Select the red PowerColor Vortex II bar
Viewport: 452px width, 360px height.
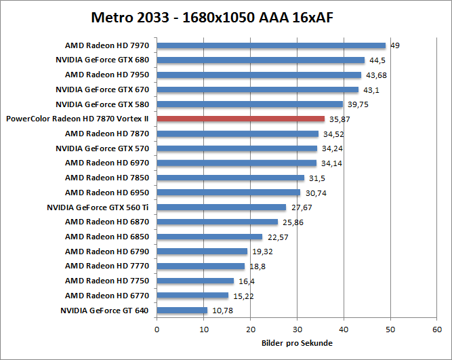(x=241, y=119)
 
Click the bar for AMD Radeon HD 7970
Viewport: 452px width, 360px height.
(x=271, y=45)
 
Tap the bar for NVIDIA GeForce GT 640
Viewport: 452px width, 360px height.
(x=182, y=311)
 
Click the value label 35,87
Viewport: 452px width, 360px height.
(x=338, y=119)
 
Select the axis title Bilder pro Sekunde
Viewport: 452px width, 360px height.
(x=297, y=343)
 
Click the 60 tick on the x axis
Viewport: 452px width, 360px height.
(x=437, y=329)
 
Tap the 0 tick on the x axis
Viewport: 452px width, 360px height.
(x=157, y=329)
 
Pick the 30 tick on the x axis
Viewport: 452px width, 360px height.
(x=297, y=329)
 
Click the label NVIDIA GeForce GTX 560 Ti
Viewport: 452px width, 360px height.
(x=98, y=207)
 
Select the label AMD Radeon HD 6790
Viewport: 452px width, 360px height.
(x=107, y=252)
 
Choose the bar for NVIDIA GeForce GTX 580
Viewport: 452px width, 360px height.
(x=249, y=104)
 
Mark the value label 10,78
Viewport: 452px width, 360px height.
(x=221, y=311)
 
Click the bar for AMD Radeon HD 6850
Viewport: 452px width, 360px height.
(x=209, y=237)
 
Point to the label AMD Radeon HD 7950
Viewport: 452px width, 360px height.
(x=107, y=75)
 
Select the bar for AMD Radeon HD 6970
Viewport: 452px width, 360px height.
(x=237, y=163)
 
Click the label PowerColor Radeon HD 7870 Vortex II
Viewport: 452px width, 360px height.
(x=77, y=119)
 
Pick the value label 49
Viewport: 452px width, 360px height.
(x=394, y=45)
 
